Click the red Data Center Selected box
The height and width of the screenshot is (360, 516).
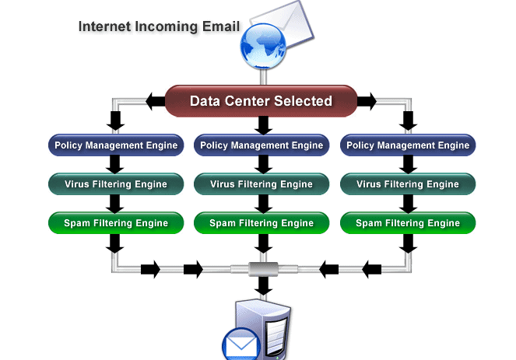(261, 101)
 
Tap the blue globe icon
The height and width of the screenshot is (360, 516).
(263, 46)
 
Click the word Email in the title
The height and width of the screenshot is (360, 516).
(221, 26)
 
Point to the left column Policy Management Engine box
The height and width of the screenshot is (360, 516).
(116, 145)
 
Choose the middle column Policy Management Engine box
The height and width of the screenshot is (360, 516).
(262, 145)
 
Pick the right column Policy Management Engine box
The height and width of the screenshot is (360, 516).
(408, 145)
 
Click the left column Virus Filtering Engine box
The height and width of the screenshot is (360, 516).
(116, 183)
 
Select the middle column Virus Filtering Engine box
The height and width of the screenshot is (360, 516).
(262, 183)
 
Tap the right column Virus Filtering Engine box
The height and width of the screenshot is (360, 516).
(408, 183)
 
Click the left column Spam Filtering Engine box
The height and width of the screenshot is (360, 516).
(116, 223)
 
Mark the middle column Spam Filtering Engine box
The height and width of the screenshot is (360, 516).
(262, 223)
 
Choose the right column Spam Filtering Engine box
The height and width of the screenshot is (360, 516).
(408, 223)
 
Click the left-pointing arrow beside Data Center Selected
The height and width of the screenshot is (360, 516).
(156, 101)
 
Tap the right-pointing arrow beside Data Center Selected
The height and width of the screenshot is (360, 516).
(367, 101)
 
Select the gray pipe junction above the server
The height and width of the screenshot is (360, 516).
(263, 269)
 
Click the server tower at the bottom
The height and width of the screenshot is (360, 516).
(263, 329)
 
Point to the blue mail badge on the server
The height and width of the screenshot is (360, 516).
(241, 344)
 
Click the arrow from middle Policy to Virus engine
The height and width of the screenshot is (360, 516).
(263, 164)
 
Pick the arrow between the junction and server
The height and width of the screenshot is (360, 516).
(263, 285)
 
